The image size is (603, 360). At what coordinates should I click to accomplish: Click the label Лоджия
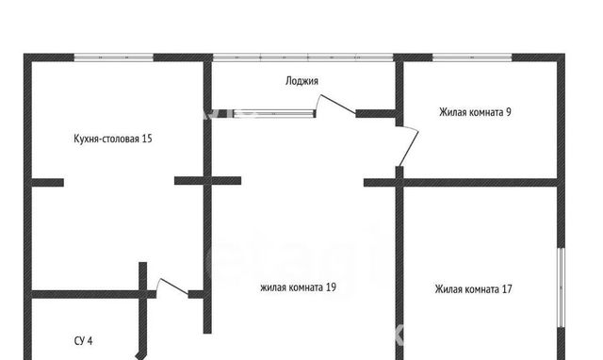301,81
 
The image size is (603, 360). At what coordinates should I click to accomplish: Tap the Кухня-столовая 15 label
113,139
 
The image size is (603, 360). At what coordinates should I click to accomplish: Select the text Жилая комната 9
475,112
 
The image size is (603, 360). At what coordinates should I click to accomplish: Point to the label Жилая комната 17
473,288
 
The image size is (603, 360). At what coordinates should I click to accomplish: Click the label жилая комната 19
298,287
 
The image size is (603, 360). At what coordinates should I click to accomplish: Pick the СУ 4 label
83,341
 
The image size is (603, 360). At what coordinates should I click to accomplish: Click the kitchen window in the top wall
113,57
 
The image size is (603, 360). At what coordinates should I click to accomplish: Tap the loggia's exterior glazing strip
303,57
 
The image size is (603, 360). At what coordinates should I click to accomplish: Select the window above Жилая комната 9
472,57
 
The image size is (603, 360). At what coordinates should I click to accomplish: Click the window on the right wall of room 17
562,287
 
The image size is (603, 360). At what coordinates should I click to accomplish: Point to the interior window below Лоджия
274,113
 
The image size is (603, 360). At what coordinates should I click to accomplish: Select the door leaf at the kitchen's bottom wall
173,286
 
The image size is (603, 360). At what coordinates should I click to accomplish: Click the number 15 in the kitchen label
147,139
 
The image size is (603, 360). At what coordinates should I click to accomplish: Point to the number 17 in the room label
507,288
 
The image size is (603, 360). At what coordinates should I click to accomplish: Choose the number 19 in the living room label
331,287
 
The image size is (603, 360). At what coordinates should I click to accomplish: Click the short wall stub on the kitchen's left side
47,182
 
